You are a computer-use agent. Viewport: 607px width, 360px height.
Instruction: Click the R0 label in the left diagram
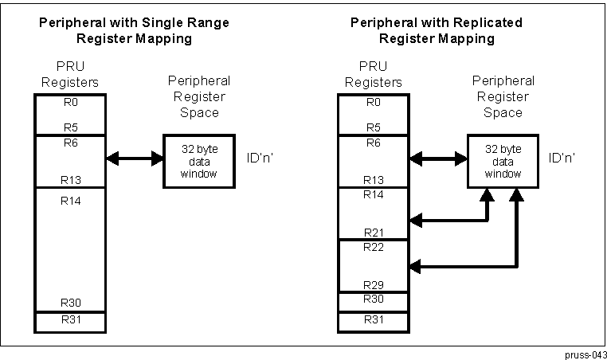coord(70,102)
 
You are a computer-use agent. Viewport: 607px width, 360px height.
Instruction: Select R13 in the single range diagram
coord(70,180)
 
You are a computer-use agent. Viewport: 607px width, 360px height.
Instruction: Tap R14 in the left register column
coord(70,200)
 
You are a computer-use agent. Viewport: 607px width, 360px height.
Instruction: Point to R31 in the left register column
coord(70,321)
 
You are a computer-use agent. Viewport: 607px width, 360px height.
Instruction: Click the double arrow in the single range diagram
coord(134,159)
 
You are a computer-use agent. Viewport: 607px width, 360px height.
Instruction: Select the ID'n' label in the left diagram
coord(262,158)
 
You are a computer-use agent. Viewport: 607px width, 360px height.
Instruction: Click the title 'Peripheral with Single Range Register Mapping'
coord(133,29)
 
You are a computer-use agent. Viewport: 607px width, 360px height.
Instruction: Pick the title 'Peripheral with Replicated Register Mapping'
coord(437,29)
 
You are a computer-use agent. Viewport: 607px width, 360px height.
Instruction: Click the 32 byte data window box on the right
coord(502,162)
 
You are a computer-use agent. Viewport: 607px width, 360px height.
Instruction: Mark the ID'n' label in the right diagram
coord(562,158)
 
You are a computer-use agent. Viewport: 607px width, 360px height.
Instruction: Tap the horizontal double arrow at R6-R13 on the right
coord(438,159)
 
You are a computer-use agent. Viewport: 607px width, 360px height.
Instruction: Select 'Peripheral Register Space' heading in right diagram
coord(502,96)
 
